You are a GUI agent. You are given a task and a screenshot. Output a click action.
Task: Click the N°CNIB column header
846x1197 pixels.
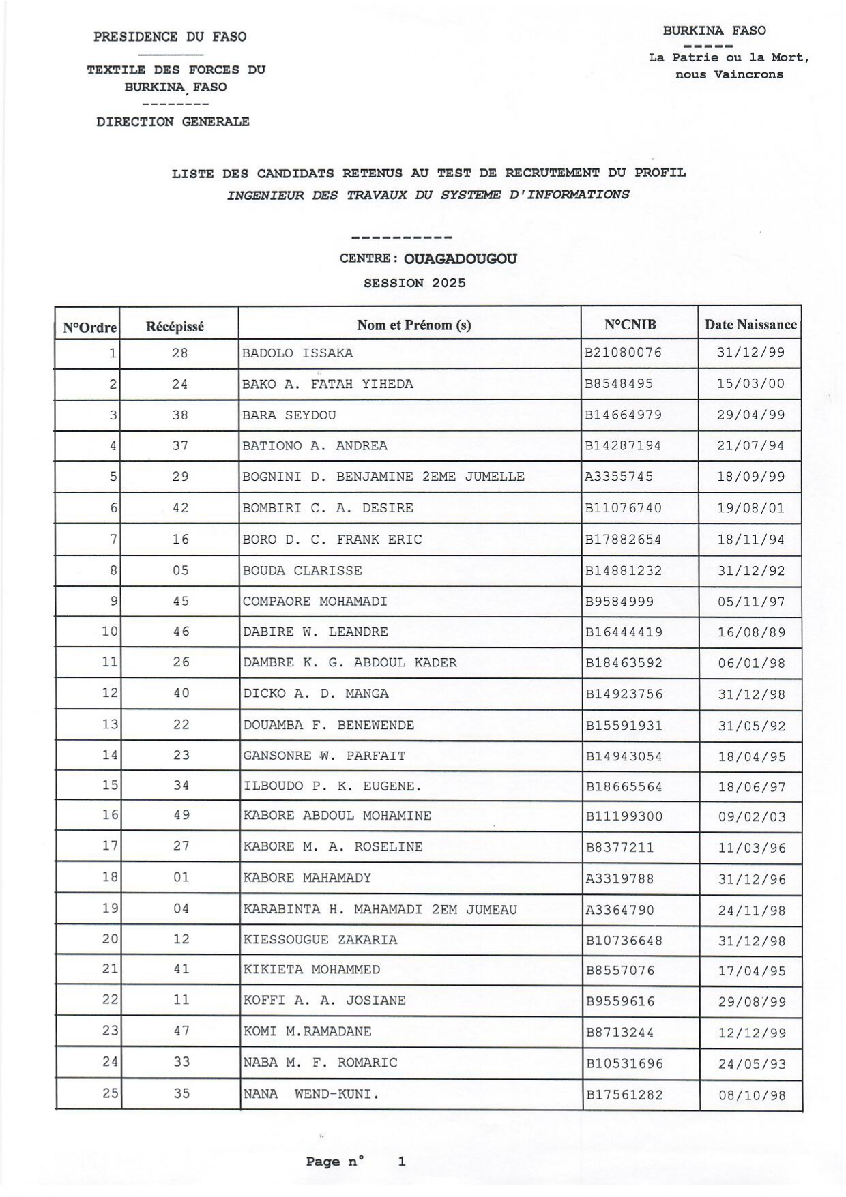coord(630,325)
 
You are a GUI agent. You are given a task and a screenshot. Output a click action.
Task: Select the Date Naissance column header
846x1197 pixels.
coord(750,325)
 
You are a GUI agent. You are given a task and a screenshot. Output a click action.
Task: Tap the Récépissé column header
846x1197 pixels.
coord(175,327)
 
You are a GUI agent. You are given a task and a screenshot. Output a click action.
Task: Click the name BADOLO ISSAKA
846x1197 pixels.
coord(297,353)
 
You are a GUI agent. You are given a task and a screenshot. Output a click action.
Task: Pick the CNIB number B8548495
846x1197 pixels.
coord(619,384)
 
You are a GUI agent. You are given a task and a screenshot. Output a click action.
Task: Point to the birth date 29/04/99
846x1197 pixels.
coord(750,415)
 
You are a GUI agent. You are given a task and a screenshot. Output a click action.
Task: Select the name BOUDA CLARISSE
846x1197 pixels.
coord(302,571)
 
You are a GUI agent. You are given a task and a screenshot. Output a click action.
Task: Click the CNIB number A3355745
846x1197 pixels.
coord(619,477)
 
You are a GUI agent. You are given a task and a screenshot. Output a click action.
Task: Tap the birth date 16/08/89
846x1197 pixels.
coord(751,632)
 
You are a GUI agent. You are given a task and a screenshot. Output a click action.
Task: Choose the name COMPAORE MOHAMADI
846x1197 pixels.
coord(315,602)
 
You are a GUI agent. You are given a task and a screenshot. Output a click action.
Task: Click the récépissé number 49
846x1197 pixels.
coord(181,815)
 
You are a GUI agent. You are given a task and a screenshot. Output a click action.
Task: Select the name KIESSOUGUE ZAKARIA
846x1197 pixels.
coord(320,940)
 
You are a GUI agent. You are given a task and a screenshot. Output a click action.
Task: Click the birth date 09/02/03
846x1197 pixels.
coord(752,817)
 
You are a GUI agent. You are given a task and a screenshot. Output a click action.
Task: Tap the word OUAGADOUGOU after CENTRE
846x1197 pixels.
coord(461,259)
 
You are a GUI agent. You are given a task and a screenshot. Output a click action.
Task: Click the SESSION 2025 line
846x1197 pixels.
coord(415,283)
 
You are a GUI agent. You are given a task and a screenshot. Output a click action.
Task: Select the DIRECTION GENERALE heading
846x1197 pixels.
coord(173,122)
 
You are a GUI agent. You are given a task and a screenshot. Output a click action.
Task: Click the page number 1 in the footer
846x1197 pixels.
coord(402,1162)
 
